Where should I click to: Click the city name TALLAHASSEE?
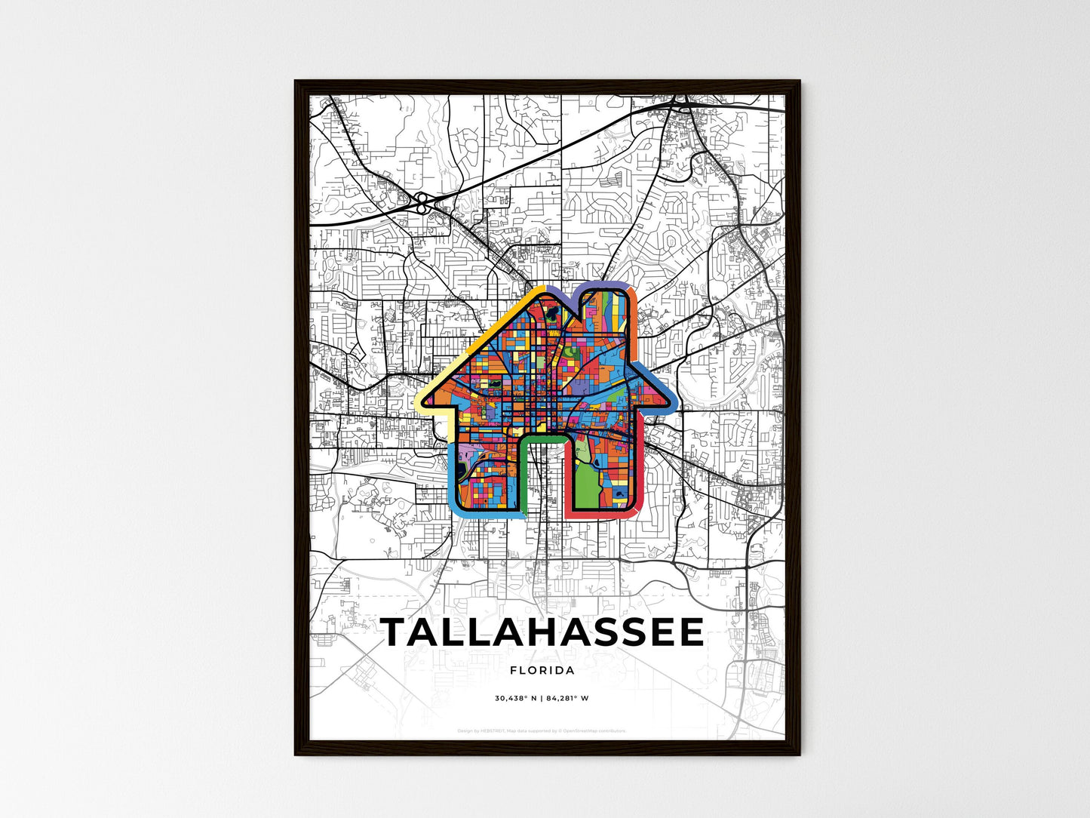(x=542, y=632)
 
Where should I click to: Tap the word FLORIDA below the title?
(x=542, y=670)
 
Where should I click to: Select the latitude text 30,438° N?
(x=516, y=698)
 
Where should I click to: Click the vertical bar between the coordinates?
(x=542, y=698)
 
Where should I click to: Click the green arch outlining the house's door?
(x=543, y=438)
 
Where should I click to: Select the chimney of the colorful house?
(x=603, y=309)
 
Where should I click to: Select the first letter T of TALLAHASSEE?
(x=396, y=632)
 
